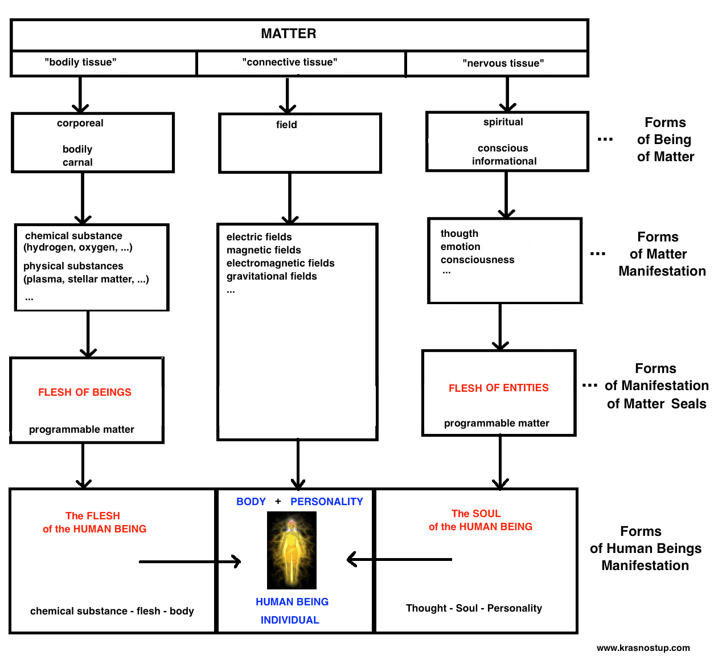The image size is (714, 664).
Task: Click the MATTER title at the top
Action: [x=288, y=34]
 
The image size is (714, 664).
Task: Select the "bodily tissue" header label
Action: [x=80, y=62]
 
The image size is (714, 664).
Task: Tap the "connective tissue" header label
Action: [x=289, y=62]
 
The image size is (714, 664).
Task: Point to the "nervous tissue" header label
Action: [x=503, y=63]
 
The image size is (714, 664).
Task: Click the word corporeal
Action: [x=80, y=123]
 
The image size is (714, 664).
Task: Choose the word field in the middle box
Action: [x=286, y=125]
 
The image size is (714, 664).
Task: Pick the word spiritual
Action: [x=503, y=122]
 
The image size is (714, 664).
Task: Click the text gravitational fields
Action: [x=272, y=276]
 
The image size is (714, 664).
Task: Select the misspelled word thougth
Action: [x=459, y=233]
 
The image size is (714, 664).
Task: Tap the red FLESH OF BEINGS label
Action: [x=85, y=392]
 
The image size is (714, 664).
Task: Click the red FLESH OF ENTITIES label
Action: [x=498, y=388]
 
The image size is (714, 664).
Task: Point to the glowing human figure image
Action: [x=292, y=550]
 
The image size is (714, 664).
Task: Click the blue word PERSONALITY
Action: [x=326, y=502]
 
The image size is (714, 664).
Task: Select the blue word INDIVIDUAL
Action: [x=290, y=620]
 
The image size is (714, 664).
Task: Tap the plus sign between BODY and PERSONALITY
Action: [x=278, y=502]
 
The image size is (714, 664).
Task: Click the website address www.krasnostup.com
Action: [x=643, y=647]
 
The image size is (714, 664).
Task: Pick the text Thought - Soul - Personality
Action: [x=474, y=608]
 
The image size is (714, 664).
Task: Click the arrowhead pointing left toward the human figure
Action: [x=352, y=560]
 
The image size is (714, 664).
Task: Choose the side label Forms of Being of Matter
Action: [x=665, y=140]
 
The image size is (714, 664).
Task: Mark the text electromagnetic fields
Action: [x=280, y=263]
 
